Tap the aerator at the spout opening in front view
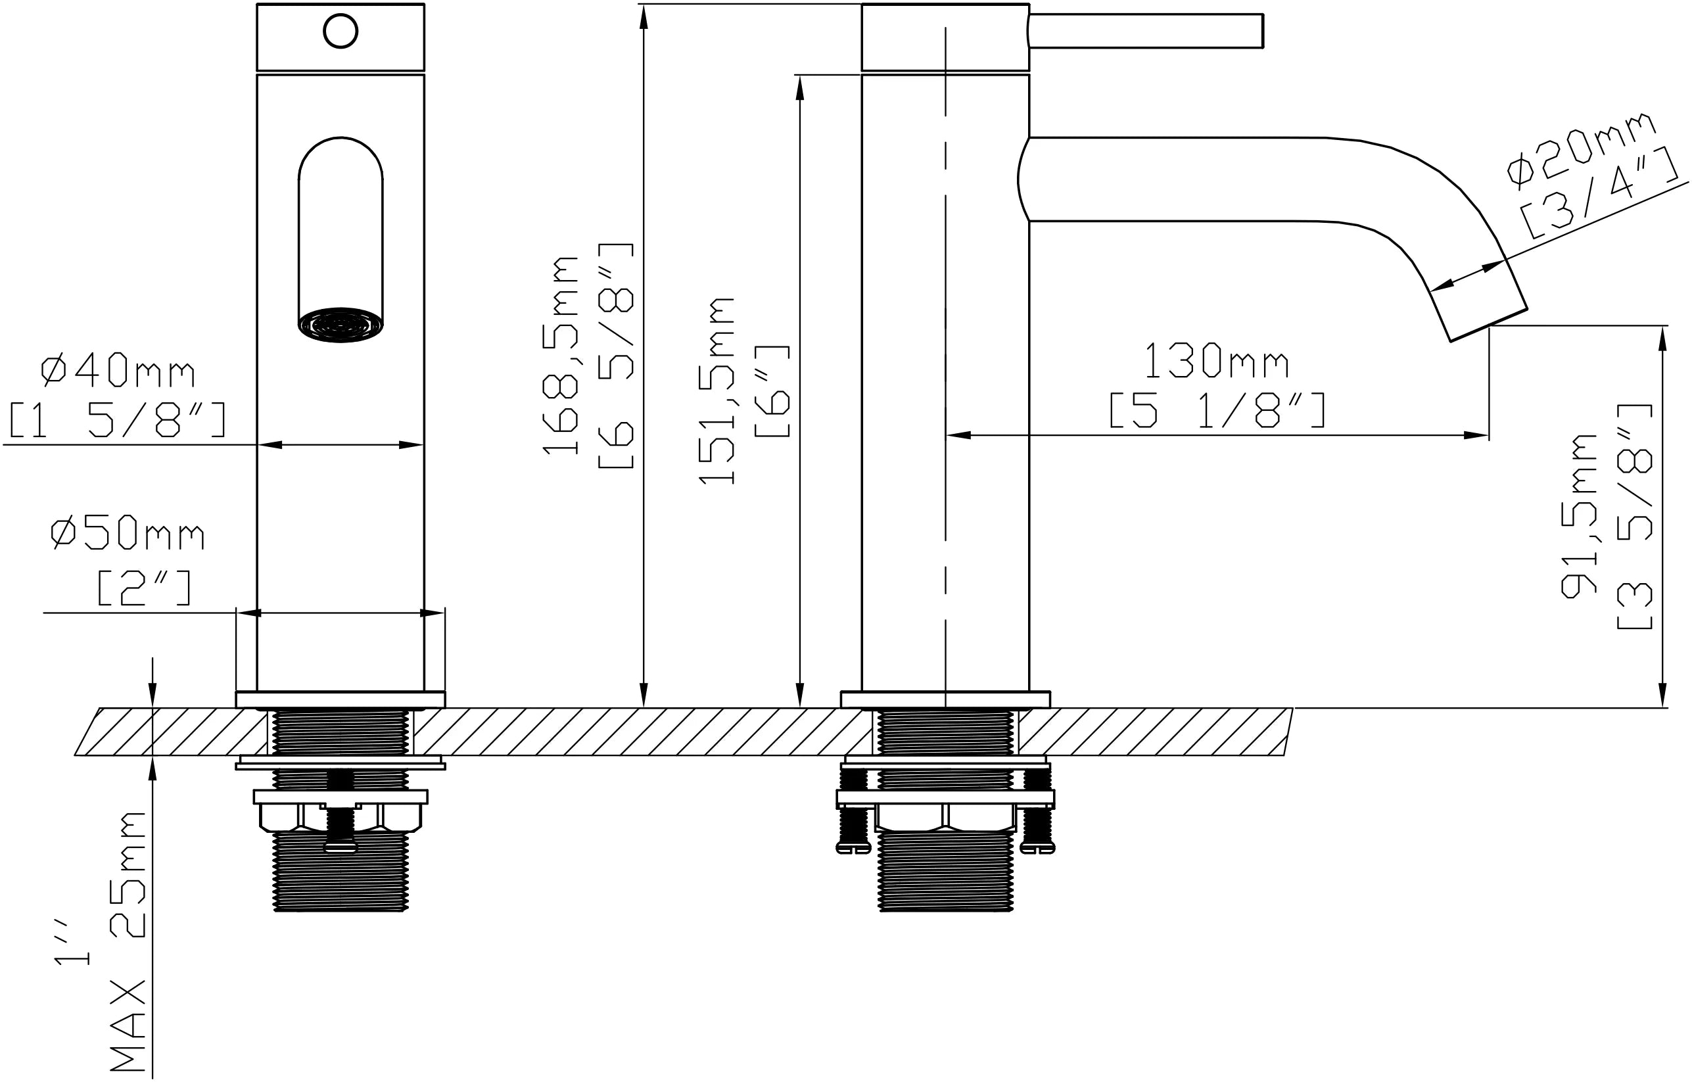tap(341, 325)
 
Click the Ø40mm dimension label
tap(118, 371)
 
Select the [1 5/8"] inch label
tap(118, 419)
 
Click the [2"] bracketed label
tap(144, 588)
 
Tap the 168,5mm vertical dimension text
tap(560, 356)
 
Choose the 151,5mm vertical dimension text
tap(717, 390)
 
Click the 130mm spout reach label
tap(1216, 361)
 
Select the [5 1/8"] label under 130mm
tap(1217, 410)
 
